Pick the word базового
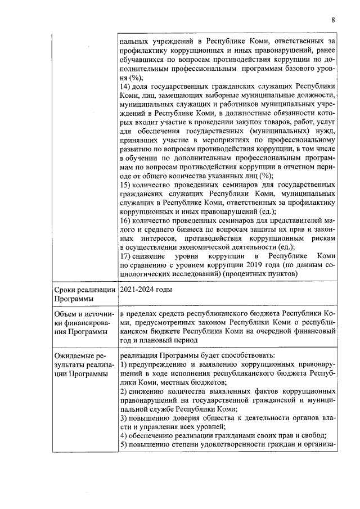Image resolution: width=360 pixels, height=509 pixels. click(294, 69)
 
